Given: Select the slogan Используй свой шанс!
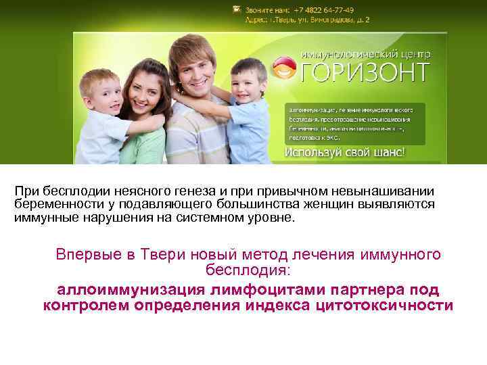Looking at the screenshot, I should pos(346,153).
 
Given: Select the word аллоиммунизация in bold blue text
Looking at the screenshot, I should pos(118,290).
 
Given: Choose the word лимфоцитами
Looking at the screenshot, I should pos(250,290).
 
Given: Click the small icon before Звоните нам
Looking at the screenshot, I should pos(236,9).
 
